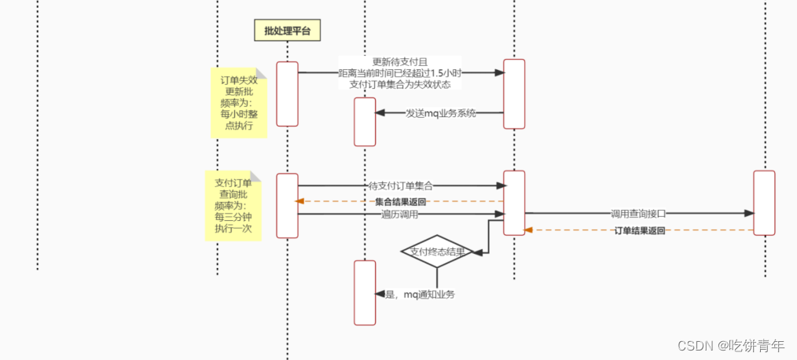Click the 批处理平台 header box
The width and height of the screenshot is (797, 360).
(288, 31)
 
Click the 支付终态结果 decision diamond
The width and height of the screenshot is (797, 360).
(437, 252)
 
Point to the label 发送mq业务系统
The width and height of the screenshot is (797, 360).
(441, 113)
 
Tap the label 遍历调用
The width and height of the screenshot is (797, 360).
(399, 214)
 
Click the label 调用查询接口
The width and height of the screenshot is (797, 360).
(638, 213)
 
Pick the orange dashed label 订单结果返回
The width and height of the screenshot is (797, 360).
(639, 230)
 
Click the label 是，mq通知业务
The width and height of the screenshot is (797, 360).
(420, 294)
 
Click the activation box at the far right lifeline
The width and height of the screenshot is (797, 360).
(764, 202)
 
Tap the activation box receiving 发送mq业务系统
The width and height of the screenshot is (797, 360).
(365, 121)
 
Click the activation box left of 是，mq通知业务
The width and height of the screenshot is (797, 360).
(365, 292)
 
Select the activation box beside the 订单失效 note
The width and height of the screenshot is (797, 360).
(288, 94)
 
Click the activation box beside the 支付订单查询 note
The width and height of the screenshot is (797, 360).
(288, 205)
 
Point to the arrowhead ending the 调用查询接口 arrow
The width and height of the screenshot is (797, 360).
(748, 213)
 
